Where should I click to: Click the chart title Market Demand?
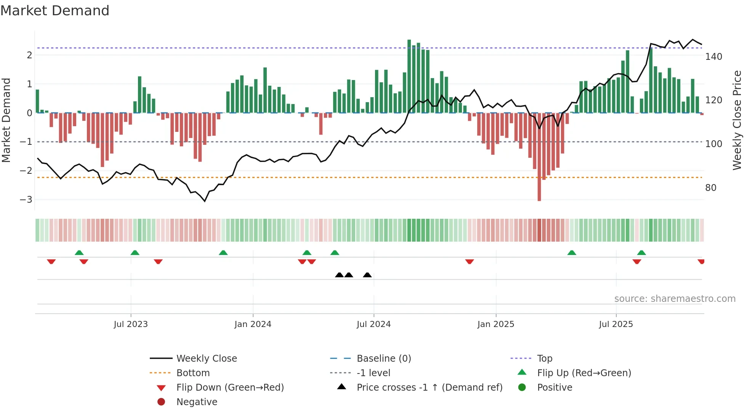pos(55,11)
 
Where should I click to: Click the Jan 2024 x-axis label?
pos(253,324)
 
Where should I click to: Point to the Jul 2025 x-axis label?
pos(616,324)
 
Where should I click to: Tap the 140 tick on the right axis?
pos(713,57)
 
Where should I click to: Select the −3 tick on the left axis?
pos(26,199)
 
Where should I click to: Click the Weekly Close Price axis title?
pos(737,120)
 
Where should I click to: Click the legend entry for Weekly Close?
pos(206,359)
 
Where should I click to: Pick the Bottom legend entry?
pos(193,373)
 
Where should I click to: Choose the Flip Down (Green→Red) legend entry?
pos(230,388)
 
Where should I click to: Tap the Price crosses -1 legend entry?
pos(429,388)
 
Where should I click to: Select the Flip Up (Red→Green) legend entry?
pos(584,373)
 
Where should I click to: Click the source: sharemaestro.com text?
pos(675,299)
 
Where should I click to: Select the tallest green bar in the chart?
pos(409,76)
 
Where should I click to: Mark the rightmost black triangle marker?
pos(367,275)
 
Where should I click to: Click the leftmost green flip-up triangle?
pos(79,253)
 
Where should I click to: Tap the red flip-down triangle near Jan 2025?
pos(470,261)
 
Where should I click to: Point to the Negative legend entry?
pos(197,402)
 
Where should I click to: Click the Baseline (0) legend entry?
pos(383,359)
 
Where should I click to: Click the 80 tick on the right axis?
pos(710,188)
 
